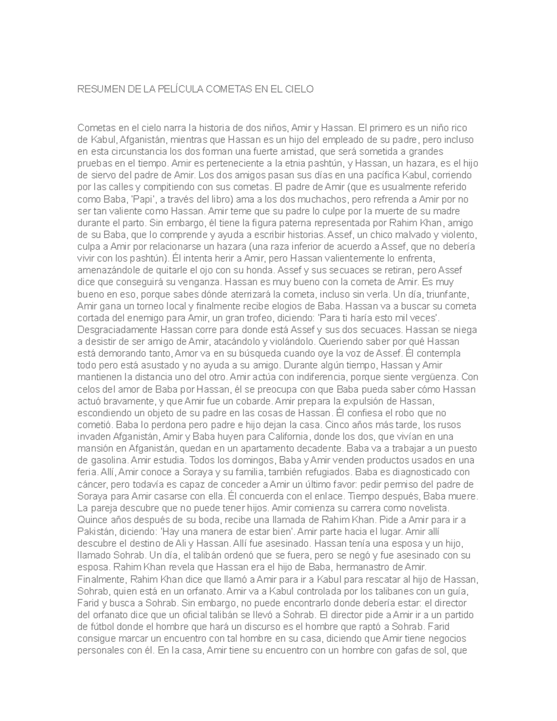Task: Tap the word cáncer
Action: (x=91, y=484)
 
